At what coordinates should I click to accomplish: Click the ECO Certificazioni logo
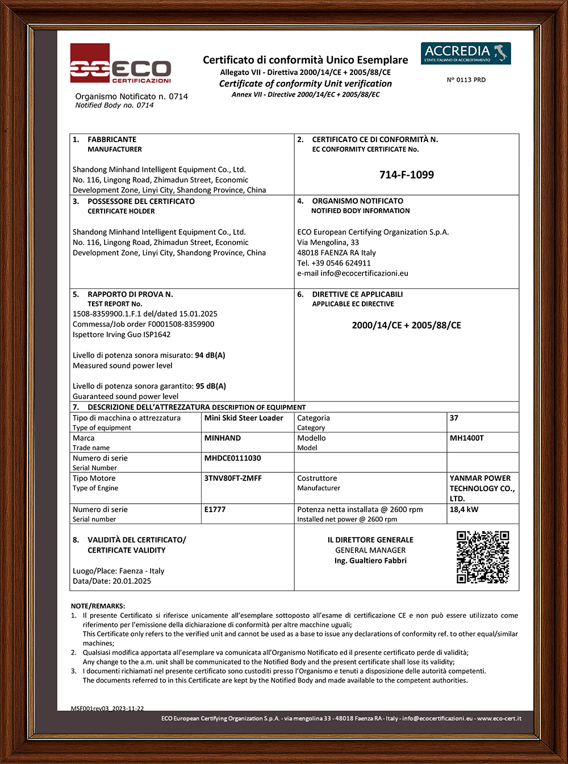(120, 64)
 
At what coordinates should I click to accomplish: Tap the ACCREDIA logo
(465, 53)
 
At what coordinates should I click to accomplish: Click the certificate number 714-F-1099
(406, 175)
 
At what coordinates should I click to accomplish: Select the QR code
(483, 557)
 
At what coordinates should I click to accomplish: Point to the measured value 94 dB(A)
(210, 355)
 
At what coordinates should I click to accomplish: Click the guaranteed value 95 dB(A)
(211, 386)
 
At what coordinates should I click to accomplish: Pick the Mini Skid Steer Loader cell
(244, 418)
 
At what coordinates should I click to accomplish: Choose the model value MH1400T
(466, 438)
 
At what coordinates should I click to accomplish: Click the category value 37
(454, 418)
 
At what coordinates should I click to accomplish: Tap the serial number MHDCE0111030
(232, 458)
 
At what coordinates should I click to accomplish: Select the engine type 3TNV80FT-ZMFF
(233, 478)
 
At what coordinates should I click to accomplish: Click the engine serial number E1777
(215, 509)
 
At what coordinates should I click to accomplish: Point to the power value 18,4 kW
(464, 509)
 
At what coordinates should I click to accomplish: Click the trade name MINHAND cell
(223, 438)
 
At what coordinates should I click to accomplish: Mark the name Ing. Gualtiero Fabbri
(370, 560)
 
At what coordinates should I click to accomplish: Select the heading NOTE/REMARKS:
(98, 606)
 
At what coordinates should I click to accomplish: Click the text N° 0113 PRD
(466, 80)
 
